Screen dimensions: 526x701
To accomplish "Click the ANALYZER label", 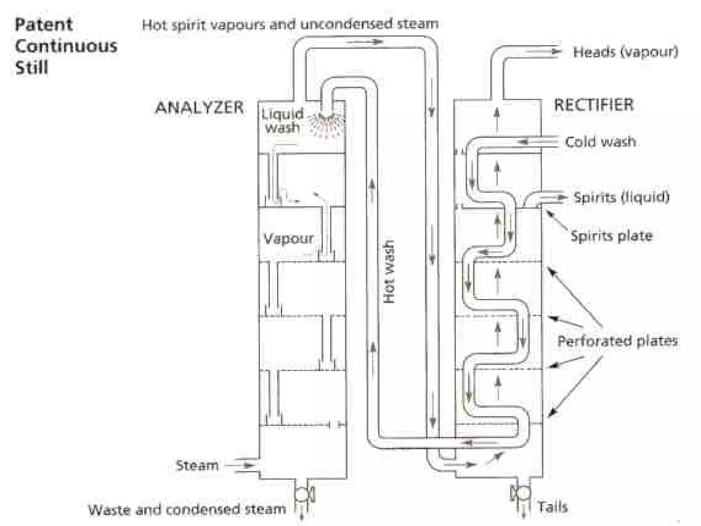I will [199, 107].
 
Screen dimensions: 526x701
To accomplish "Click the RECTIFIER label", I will [594, 105].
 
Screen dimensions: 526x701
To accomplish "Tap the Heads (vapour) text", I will [625, 52].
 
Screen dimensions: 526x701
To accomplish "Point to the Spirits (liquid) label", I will [621, 197].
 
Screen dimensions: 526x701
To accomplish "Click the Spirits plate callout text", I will [611, 236].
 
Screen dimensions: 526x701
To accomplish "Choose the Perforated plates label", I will [617, 341].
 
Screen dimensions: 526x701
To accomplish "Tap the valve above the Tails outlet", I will [521, 493].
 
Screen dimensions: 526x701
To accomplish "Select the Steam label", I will [197, 465].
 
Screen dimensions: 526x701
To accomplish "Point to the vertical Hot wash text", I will [389, 271].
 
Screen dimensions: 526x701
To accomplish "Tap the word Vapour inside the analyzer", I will [288, 238].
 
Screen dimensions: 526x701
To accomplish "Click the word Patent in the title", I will [44, 25].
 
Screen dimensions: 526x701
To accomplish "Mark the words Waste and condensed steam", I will [187, 510].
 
